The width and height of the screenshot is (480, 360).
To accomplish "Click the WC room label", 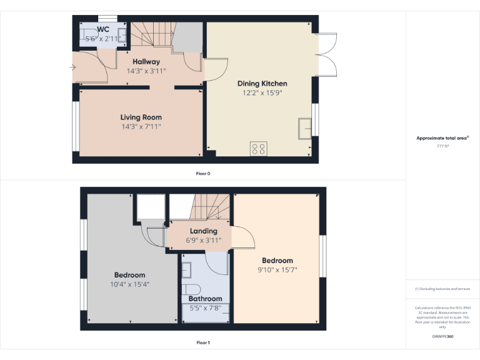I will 103,29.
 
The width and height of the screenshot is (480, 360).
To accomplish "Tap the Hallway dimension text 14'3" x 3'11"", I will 146,71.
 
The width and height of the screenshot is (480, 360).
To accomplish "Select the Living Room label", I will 141,117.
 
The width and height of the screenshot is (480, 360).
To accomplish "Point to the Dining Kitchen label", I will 262,83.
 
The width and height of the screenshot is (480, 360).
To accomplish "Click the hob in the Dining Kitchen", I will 258,149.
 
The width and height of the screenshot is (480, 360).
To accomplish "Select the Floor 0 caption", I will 203,173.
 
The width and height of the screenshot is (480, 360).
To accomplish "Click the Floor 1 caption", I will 203,342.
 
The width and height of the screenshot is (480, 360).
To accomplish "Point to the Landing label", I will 204,231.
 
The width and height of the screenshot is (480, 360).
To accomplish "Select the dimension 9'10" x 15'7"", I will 277,270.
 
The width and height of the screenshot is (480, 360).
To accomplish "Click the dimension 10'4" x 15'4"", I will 129,284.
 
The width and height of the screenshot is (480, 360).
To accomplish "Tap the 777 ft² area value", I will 442,146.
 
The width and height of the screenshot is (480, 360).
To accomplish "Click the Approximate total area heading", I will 442,138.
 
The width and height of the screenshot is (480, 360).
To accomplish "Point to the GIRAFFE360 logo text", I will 442,336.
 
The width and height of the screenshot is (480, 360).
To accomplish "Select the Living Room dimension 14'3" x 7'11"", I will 141,126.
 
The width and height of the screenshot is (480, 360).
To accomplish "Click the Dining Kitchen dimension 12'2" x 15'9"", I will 262,92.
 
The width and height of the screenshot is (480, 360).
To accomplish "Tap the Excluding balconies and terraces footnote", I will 442,289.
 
